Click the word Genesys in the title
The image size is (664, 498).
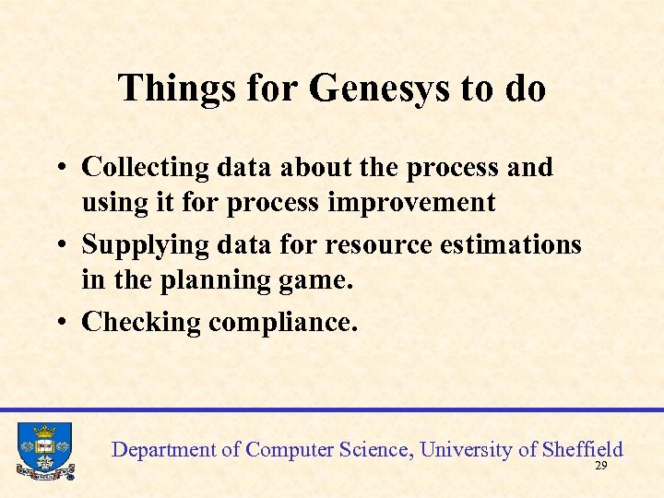point(379,89)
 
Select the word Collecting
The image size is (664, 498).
point(146,168)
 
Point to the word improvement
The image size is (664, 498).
point(421,202)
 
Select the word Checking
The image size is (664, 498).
point(141,322)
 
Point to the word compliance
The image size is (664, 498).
point(283,323)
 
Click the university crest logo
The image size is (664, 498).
point(44,450)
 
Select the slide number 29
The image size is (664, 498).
point(600,468)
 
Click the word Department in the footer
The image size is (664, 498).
point(162,450)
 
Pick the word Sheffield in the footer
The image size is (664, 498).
point(583,450)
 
